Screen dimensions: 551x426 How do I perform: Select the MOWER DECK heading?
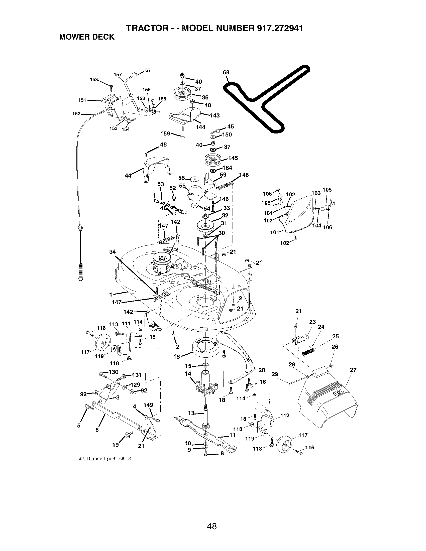coord(86,37)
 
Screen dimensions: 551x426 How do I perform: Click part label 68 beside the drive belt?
coord(226,72)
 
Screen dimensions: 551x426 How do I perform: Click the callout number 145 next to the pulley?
coord(233,158)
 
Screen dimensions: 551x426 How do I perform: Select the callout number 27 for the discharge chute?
coord(353,370)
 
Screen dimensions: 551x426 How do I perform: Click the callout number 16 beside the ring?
coord(176,356)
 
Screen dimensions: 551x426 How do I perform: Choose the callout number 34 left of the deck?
coord(113,251)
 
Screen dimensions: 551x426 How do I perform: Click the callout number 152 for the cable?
coord(76,113)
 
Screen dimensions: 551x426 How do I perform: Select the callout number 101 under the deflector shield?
coord(275,232)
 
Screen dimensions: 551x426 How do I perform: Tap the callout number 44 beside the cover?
coord(128,176)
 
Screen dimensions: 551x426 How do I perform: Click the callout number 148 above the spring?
coord(244,175)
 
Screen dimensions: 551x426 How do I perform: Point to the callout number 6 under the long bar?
coord(97,430)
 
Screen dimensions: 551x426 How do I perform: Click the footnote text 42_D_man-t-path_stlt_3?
coord(105,459)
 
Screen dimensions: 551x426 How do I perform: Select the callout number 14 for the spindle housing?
coord(188,373)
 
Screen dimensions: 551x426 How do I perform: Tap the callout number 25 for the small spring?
coord(335,336)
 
